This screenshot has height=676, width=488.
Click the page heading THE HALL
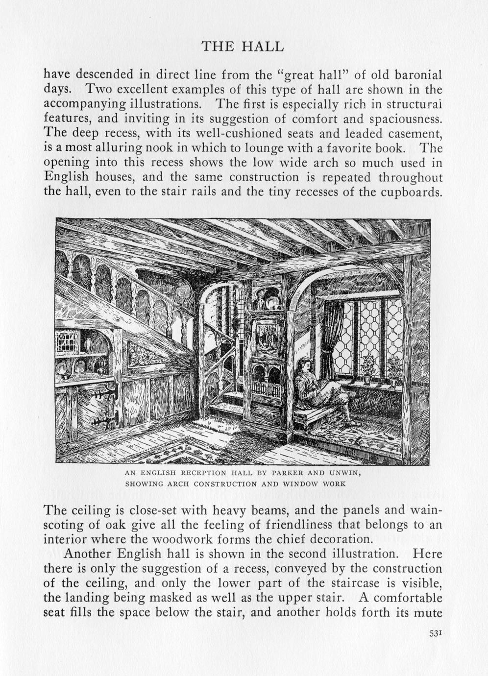pos(243,47)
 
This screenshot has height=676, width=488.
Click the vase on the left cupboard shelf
pos(89,345)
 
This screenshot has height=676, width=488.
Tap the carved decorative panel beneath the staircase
pos(147,355)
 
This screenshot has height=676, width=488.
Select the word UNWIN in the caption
pos(345,473)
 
